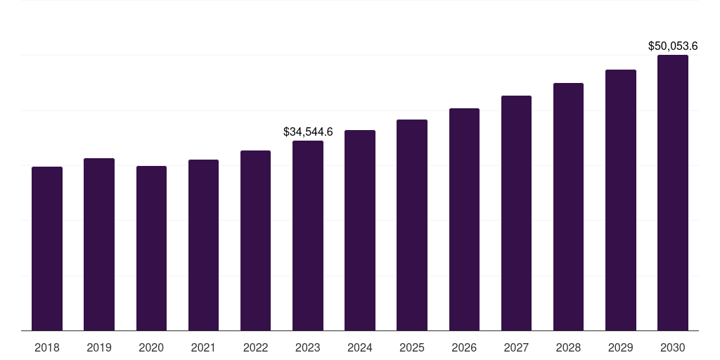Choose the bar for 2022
(x=255, y=240)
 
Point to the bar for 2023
(x=307, y=236)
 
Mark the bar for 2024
(x=359, y=230)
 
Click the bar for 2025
(x=411, y=225)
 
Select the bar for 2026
(x=464, y=219)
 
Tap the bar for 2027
(x=516, y=213)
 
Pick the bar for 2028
(x=568, y=207)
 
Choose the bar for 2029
(x=620, y=200)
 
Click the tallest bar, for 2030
(x=672, y=193)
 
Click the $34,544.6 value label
(x=308, y=131)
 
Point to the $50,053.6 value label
(x=672, y=46)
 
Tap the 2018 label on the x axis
(x=47, y=347)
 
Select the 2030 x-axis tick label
(x=672, y=347)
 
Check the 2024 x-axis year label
(x=359, y=347)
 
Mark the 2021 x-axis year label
(x=203, y=347)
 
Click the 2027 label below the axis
(x=516, y=347)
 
